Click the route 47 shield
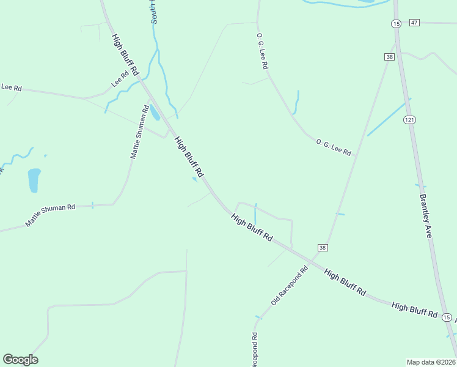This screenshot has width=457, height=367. coord(415,23)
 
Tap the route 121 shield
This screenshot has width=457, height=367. coord(409,120)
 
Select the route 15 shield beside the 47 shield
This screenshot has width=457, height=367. coord(396,23)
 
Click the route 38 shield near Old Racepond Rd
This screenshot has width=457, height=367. coord(323,248)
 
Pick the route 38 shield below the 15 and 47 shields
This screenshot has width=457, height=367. coord(390,57)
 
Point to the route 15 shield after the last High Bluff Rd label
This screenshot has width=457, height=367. coord(447,317)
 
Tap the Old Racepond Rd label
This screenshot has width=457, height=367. coord(290,286)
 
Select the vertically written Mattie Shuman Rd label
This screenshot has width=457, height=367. coord(139,132)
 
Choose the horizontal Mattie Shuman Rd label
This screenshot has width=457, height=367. coord(50,215)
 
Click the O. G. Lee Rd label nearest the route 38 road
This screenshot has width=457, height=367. coord(334,147)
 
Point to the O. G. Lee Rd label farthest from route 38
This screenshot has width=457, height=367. coord(263,51)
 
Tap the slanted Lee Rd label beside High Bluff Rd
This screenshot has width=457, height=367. coord(120,79)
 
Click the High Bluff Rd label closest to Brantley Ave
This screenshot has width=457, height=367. coord(415,310)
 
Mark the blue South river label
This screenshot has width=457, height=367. coord(154,12)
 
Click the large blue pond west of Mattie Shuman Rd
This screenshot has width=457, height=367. coord(34,180)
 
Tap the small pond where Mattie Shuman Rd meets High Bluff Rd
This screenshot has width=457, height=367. coord(155,113)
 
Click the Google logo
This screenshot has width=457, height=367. coord(20,360)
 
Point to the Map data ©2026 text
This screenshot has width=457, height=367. coord(431,362)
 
